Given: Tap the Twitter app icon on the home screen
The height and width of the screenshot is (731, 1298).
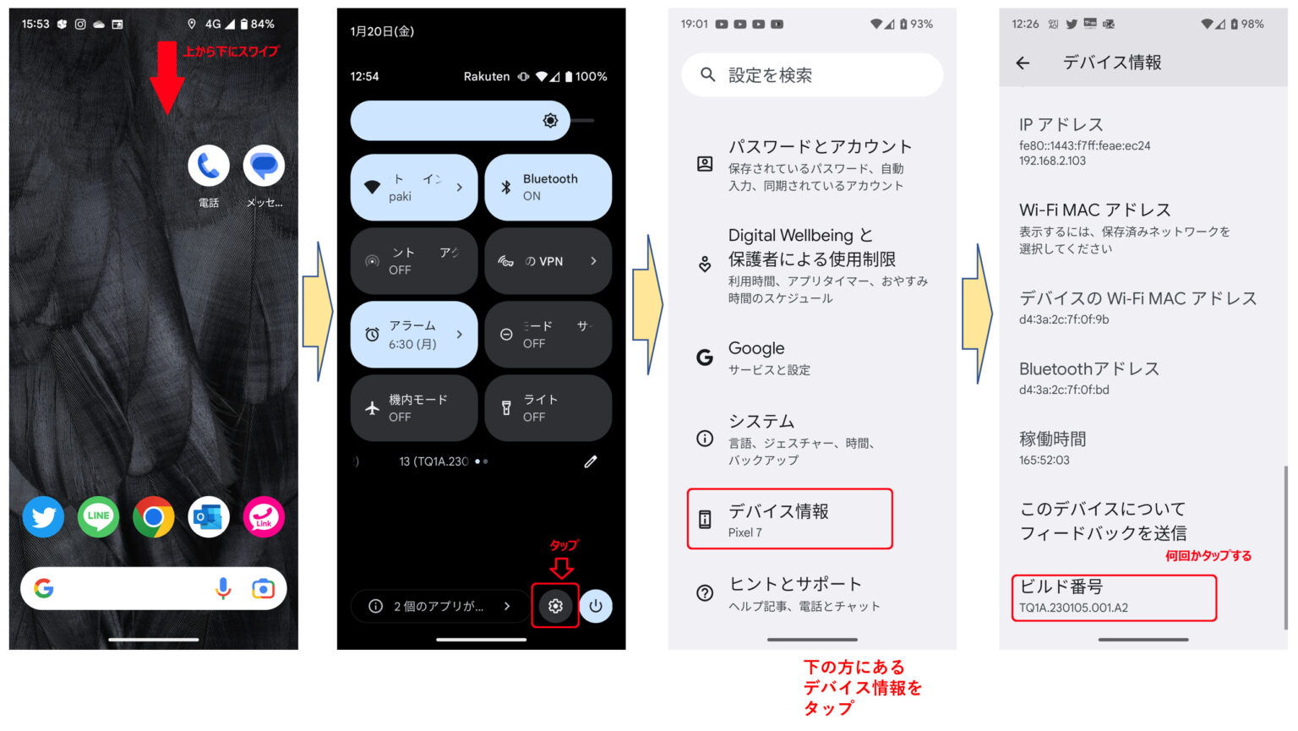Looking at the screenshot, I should [x=43, y=516].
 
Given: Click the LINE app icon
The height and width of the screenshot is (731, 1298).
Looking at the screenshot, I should [x=98, y=516].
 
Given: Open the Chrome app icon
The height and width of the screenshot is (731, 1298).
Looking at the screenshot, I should [x=153, y=516].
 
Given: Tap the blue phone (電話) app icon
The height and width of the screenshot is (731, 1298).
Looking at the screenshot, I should [x=209, y=166].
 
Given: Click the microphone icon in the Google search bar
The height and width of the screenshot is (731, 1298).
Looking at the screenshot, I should [x=223, y=588].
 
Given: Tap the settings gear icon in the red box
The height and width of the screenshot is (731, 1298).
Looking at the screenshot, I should [x=555, y=606].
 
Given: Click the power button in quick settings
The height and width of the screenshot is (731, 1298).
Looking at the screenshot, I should [x=596, y=606].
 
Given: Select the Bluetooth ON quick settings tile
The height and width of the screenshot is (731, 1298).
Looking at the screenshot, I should [x=548, y=187].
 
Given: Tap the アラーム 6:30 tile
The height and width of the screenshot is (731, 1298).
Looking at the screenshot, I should [x=413, y=335].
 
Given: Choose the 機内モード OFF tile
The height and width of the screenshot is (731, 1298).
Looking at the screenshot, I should [x=413, y=408].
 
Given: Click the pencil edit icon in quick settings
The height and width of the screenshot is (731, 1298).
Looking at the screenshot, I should [x=590, y=461].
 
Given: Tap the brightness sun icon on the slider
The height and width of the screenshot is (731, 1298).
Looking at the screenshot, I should [x=550, y=121].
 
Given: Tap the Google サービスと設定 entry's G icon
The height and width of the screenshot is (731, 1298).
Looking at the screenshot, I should [x=705, y=357].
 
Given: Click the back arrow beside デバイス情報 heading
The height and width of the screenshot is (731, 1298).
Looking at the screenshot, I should [x=1023, y=63].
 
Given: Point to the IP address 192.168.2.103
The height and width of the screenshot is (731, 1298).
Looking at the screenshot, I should [x=1053, y=161].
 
